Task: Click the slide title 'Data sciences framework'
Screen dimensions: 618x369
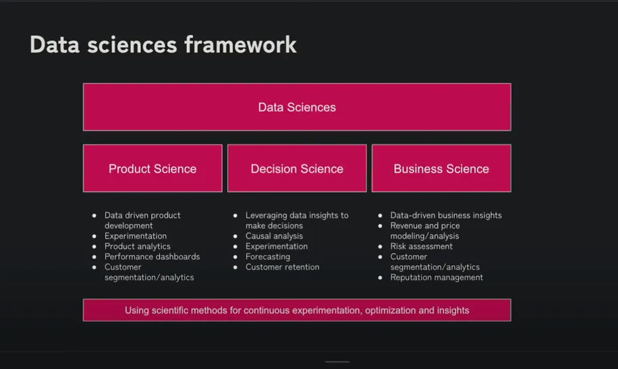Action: point(163,45)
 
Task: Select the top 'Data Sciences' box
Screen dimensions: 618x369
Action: point(297,107)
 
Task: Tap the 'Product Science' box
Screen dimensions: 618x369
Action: point(152,169)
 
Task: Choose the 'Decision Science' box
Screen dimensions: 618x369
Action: point(297,169)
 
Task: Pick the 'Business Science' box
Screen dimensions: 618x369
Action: point(441,169)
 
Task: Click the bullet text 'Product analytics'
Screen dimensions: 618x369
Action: point(137,246)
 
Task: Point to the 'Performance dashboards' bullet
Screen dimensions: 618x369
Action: point(152,256)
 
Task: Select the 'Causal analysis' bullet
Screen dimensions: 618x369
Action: point(274,236)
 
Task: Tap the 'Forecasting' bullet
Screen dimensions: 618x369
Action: point(268,256)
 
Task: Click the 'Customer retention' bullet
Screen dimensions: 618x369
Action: point(282,267)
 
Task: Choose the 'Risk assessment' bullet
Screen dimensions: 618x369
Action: point(421,246)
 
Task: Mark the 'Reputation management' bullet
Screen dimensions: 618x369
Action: point(437,277)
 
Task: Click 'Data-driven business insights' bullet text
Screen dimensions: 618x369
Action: point(446,215)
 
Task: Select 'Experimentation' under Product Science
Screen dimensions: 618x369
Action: point(136,236)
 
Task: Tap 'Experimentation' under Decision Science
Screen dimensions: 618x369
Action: point(277,246)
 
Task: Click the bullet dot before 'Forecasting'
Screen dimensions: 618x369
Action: point(235,257)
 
